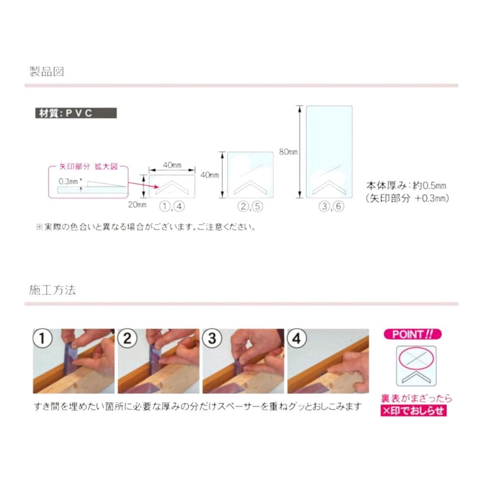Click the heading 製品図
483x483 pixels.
[46, 71]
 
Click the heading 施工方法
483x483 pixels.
[52, 290]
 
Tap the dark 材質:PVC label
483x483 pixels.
[76, 113]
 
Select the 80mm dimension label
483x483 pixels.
[288, 152]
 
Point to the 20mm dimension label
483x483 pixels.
[137, 205]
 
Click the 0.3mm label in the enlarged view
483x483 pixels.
[68, 182]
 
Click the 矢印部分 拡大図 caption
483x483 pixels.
[88, 167]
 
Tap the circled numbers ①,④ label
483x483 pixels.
[172, 206]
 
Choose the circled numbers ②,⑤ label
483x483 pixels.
[250, 206]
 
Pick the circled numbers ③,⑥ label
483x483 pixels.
[331, 206]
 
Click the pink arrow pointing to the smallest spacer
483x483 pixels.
[143, 185]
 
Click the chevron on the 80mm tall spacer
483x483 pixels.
[329, 187]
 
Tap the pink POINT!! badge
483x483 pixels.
[412, 334]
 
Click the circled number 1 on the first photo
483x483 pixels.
[43, 338]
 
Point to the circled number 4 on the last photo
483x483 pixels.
[297, 338]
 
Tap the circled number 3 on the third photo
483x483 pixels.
[212, 338]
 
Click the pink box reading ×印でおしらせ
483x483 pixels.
[413, 411]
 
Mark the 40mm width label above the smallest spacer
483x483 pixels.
[172, 165]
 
